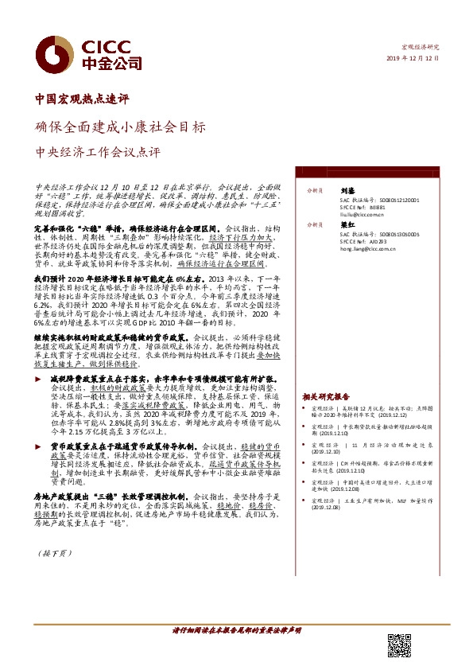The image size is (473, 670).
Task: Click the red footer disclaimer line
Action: point(236,629)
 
